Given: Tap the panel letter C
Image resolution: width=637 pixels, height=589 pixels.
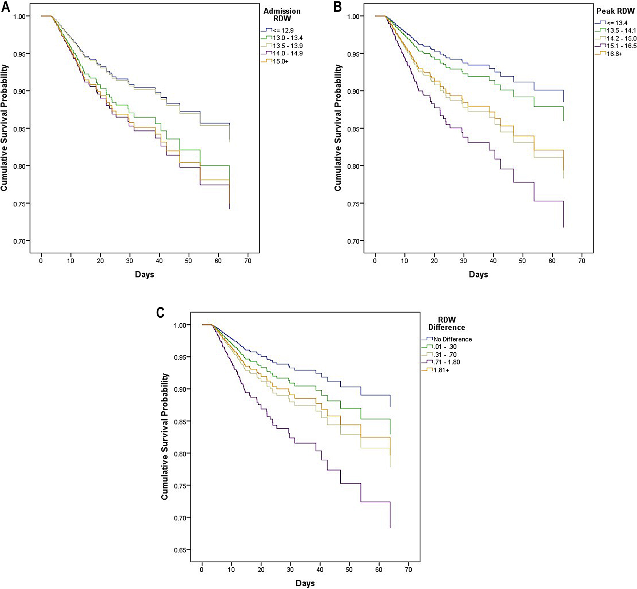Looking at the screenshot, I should (x=160, y=313).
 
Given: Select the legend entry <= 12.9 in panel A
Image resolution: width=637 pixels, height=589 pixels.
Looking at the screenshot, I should (x=283, y=31).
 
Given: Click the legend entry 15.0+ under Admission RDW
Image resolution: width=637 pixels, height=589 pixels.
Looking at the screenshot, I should (x=280, y=61).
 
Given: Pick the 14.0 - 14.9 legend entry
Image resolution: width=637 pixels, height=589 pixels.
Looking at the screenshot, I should (x=287, y=54).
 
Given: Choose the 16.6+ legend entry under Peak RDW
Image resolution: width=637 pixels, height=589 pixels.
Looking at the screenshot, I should (x=614, y=54).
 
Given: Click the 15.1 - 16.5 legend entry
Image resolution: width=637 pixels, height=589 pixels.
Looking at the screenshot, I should (x=621, y=46).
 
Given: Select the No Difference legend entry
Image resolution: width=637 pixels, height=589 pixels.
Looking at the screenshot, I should (x=452, y=339).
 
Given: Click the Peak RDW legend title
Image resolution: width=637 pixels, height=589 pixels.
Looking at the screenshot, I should (x=615, y=11).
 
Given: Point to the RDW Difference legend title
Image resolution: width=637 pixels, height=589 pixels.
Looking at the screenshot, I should (x=447, y=324).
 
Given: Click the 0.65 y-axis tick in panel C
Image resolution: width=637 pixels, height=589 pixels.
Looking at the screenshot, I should (x=180, y=550).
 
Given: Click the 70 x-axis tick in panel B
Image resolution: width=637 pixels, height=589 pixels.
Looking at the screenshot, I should (x=582, y=261).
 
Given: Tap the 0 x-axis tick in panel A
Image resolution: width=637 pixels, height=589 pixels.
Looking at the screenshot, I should (x=41, y=261).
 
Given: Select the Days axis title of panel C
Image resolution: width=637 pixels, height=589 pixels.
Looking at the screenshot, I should (x=305, y=583).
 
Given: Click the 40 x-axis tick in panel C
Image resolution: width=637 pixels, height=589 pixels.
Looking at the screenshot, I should (x=320, y=569).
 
